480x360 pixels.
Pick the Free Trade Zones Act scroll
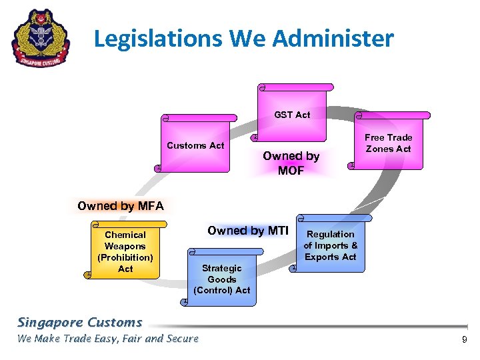point(388,143)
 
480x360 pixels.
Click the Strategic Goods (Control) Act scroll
point(221,279)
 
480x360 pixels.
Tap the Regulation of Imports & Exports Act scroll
point(331,245)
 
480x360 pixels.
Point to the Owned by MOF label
point(291,163)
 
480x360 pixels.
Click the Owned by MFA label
point(120,206)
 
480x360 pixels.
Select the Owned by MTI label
point(247,231)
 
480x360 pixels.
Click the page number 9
point(464,341)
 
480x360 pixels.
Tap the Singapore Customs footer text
point(79,323)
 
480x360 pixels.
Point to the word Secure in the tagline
point(182,339)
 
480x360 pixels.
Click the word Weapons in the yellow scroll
point(125,246)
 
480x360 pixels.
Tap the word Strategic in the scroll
point(221,268)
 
